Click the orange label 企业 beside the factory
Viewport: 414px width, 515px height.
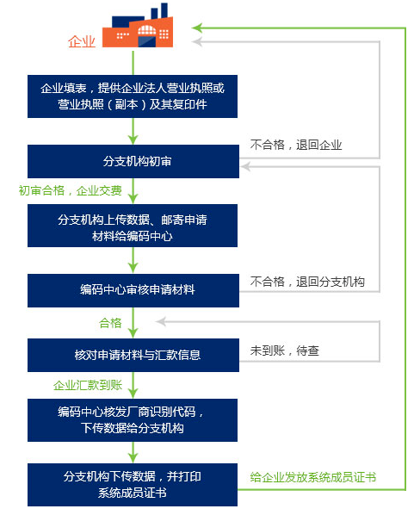pos(82,41)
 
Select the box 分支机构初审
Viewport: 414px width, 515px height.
pos(133,161)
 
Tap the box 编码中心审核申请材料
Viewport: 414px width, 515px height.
pos(133,290)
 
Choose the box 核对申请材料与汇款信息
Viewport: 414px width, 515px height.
pos(133,355)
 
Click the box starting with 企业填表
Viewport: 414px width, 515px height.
pos(133,96)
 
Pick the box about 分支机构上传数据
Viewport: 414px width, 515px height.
pos(133,226)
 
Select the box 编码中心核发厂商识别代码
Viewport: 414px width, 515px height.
pos(133,420)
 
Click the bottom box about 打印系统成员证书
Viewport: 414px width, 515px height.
pos(133,485)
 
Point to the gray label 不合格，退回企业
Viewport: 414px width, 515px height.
pos(296,145)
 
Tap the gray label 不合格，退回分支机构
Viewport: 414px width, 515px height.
pos(307,282)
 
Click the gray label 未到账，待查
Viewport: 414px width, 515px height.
pos(284,351)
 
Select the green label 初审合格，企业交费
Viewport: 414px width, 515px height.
pos(71,190)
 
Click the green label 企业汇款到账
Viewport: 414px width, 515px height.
pos(88,385)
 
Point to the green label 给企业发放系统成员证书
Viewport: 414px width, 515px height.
pos(313,477)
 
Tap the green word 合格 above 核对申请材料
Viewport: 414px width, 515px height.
pos(110,323)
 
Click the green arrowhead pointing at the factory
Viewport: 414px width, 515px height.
pos(196,28)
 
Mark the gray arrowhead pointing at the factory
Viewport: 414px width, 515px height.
pos(196,41)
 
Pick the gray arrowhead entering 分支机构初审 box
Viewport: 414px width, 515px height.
pos(245,166)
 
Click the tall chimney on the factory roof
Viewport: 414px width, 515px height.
pos(164,10)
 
